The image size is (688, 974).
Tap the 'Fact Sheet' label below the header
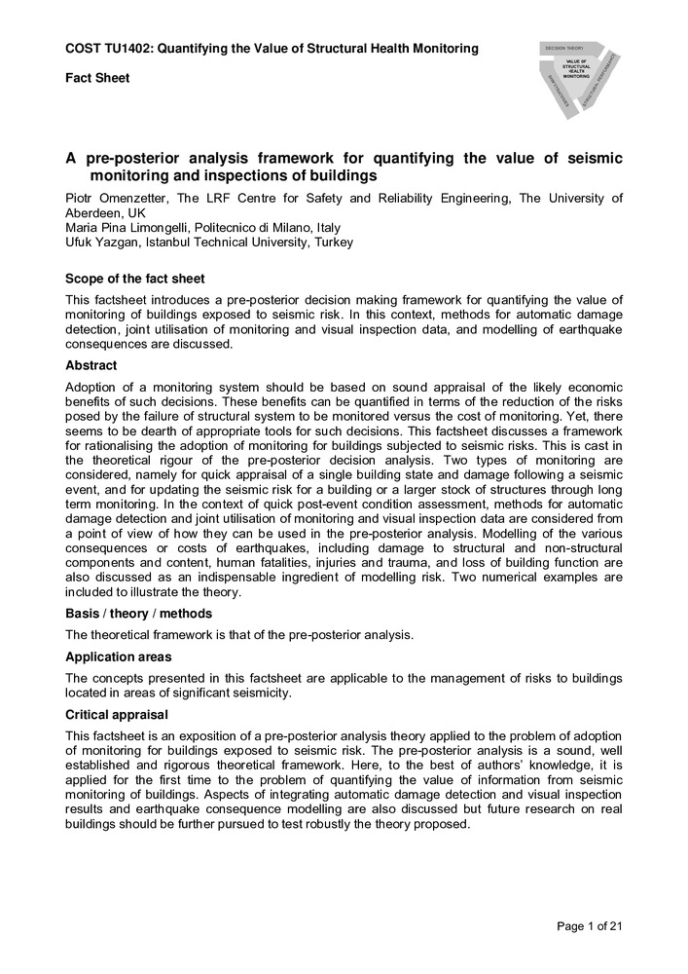(97, 78)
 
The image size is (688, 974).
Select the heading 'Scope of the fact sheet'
(134, 279)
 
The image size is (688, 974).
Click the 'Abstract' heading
(91, 365)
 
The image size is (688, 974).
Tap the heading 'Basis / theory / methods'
(138, 614)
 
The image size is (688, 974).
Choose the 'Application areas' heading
(119, 656)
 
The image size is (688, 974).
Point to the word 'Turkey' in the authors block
(334, 243)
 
